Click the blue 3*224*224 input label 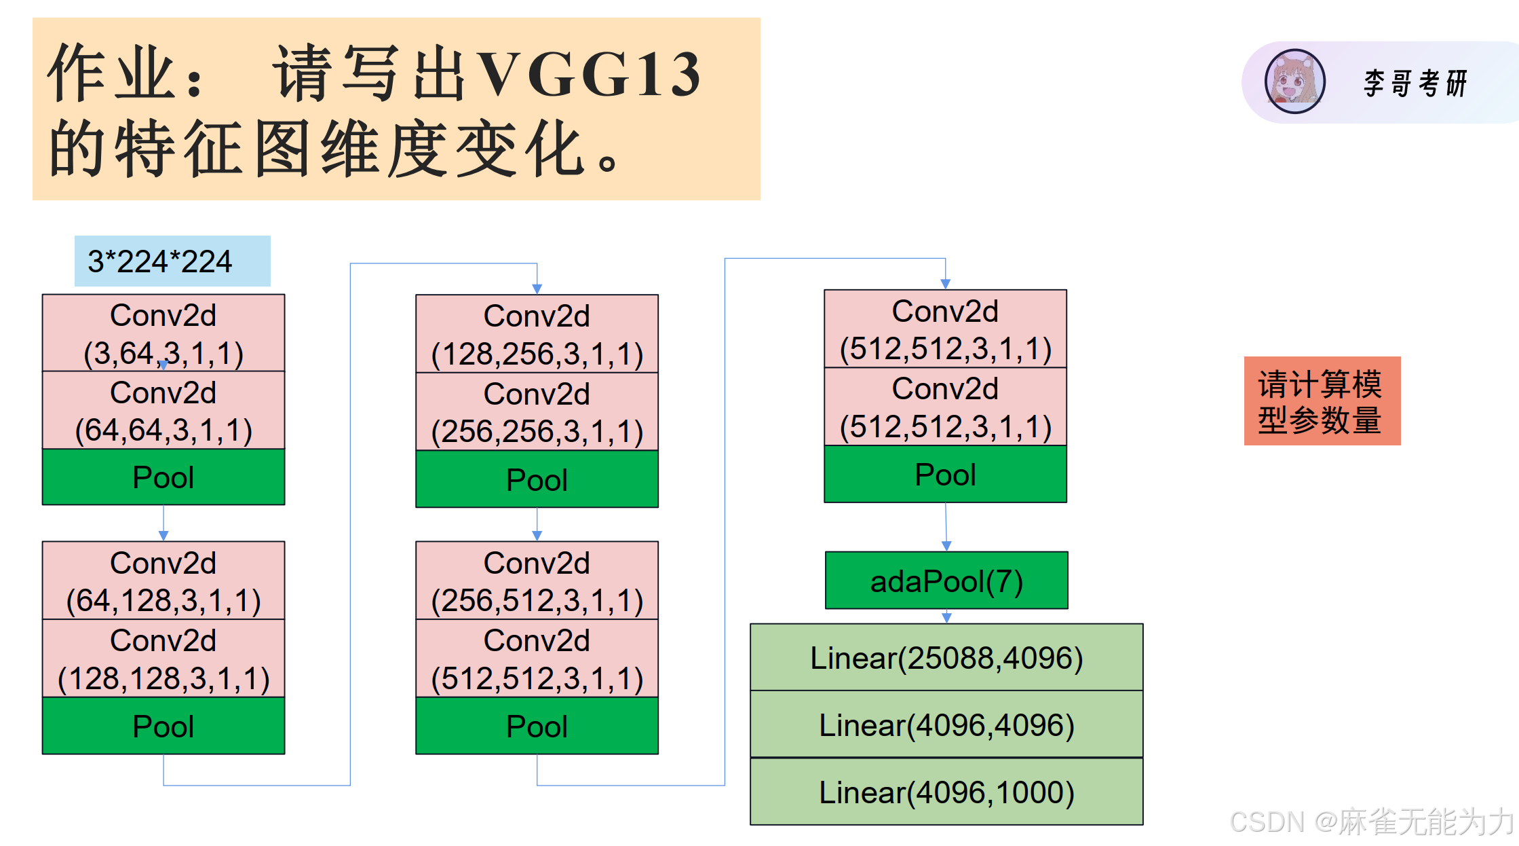(x=172, y=261)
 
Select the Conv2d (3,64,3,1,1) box (x=164, y=333)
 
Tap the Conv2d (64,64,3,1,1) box (x=164, y=410)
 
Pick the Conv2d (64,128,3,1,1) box (x=164, y=581)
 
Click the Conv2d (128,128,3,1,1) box (x=164, y=658)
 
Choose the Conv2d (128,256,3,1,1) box (x=537, y=333)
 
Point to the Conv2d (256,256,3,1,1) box (x=537, y=411)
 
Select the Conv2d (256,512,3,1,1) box (x=537, y=581)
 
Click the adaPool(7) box (x=946, y=581)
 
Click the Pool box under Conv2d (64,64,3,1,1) (x=164, y=477)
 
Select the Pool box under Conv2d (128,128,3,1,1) (x=164, y=726)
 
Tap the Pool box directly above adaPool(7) (x=945, y=474)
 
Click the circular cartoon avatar (x=1294, y=81)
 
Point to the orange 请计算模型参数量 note (x=1322, y=401)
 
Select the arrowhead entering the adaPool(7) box (x=946, y=546)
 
